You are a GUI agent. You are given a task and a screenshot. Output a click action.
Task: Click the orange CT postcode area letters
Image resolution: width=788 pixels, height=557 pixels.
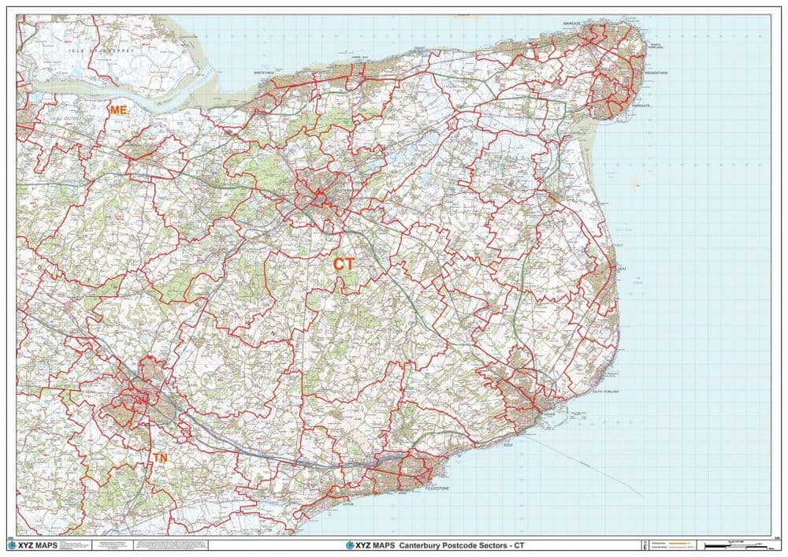(344, 265)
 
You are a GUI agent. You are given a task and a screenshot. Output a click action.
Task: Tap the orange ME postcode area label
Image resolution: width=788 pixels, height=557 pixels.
(118, 110)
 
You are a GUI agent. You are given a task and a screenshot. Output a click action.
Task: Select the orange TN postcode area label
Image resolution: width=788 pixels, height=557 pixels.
(160, 457)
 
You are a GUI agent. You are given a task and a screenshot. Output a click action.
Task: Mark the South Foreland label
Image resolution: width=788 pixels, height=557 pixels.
(610, 392)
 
